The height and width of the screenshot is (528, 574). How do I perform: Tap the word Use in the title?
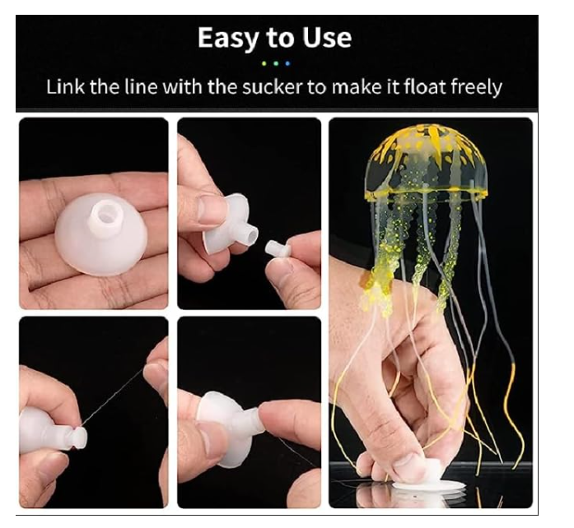click(327, 38)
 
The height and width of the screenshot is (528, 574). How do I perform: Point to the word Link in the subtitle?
click(66, 87)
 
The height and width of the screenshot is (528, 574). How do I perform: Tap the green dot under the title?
click(264, 63)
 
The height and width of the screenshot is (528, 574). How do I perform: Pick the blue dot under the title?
click(287, 63)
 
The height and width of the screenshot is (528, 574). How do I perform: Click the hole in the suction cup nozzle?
click(106, 211)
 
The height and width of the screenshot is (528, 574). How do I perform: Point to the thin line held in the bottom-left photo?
click(112, 396)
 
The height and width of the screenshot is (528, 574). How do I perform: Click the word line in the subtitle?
click(141, 87)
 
